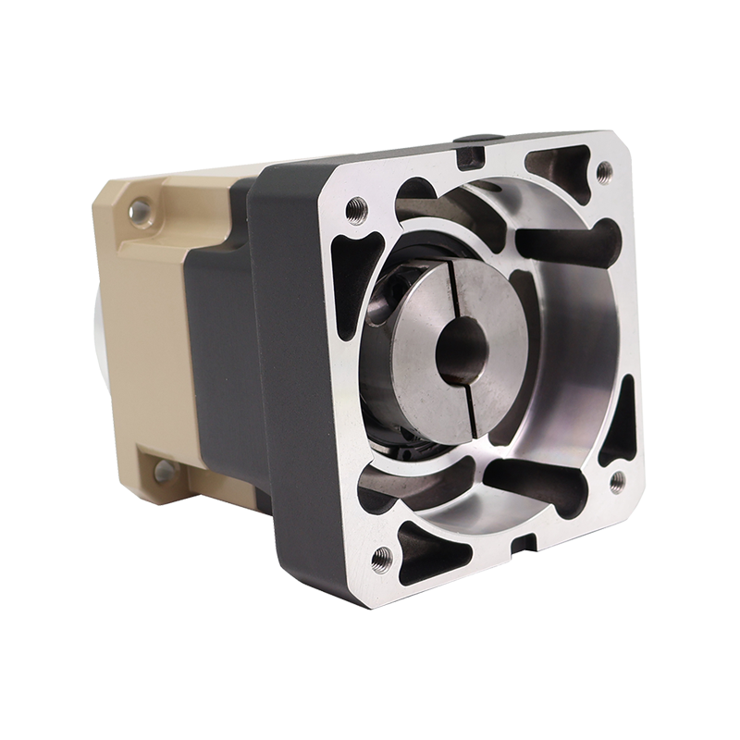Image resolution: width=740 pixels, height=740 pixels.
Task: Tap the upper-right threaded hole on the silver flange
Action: (x=604, y=170)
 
